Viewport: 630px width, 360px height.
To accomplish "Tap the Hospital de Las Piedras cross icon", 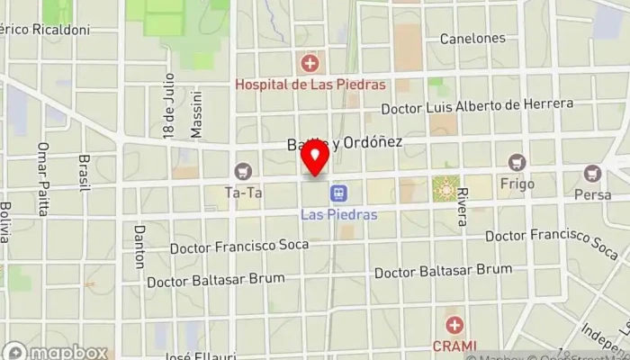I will pos(310,63).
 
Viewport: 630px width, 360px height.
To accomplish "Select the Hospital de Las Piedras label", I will pos(310,85).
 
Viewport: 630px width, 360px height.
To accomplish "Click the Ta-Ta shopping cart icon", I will pos(243,171).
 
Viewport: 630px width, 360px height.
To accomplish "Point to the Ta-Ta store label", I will pos(243,192).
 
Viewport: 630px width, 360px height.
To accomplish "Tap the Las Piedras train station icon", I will pos(338,193).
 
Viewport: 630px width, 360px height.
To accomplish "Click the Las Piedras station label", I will pos(338,215).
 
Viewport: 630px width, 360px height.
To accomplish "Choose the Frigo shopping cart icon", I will pos(517,163).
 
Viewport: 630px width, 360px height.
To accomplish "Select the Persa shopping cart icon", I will pos(592,173).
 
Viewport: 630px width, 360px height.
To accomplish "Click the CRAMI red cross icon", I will pos(455,325).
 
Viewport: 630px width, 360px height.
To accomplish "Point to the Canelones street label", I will pos(472,39).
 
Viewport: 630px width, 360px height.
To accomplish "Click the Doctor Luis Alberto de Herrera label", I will pos(477,106).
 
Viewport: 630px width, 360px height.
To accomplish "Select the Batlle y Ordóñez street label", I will pos(344,143).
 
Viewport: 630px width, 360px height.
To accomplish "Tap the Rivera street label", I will pos(462,206).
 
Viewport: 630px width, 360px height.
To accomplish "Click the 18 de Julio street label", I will pos(168,105).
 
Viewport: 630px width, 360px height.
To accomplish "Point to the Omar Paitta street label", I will pos(41,178).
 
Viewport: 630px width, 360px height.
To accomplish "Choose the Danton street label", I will pos(139,246).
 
